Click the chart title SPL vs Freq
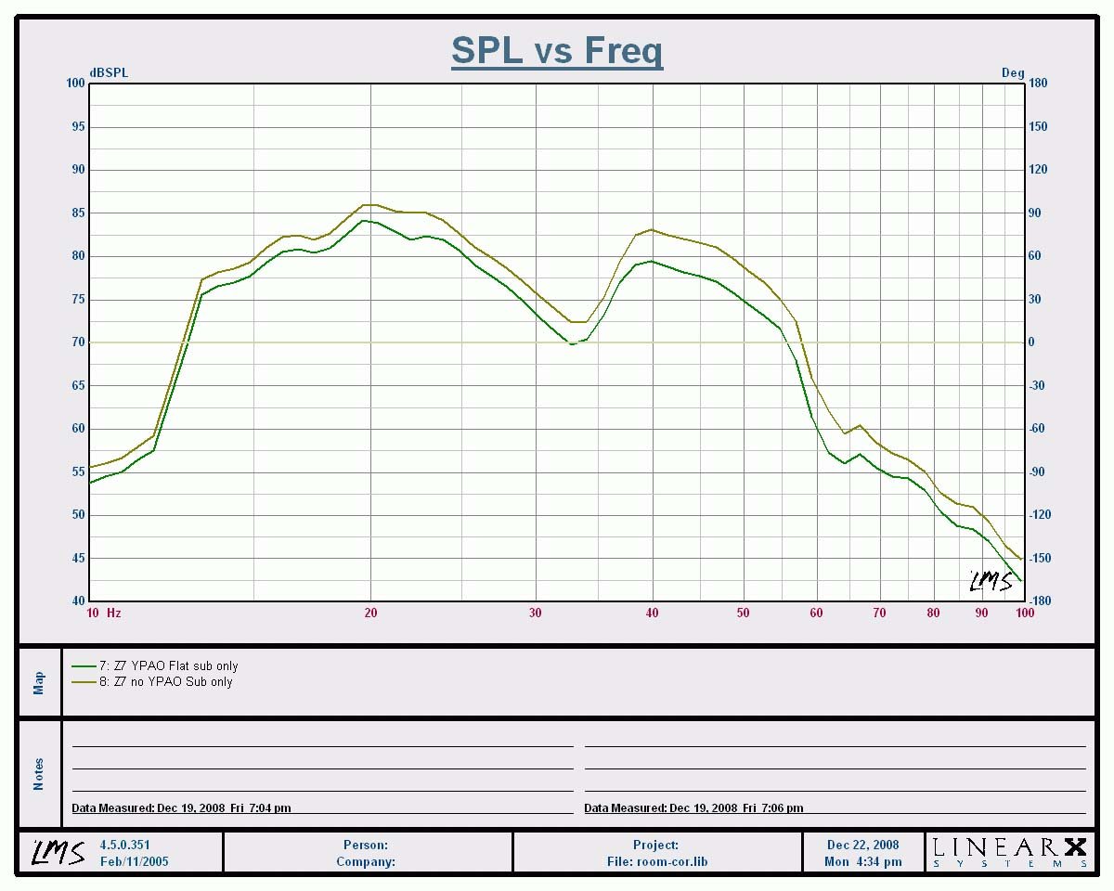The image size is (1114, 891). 557,50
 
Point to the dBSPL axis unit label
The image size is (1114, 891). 109,73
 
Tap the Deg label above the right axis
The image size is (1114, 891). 1012,73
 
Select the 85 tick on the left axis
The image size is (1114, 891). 76,213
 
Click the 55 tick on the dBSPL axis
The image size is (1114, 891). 76,471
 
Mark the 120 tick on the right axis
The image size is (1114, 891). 1039,170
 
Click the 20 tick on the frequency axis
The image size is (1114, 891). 370,613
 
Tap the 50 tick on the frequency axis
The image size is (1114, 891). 743,613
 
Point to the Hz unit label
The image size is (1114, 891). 113,613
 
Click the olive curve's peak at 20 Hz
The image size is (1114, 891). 370,204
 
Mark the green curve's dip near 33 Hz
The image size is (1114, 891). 573,343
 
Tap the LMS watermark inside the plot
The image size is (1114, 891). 991,581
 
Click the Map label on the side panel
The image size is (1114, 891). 39,683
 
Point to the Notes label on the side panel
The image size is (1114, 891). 39,774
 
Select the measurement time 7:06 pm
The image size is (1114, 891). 782,808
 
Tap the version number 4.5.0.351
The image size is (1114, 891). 124,846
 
